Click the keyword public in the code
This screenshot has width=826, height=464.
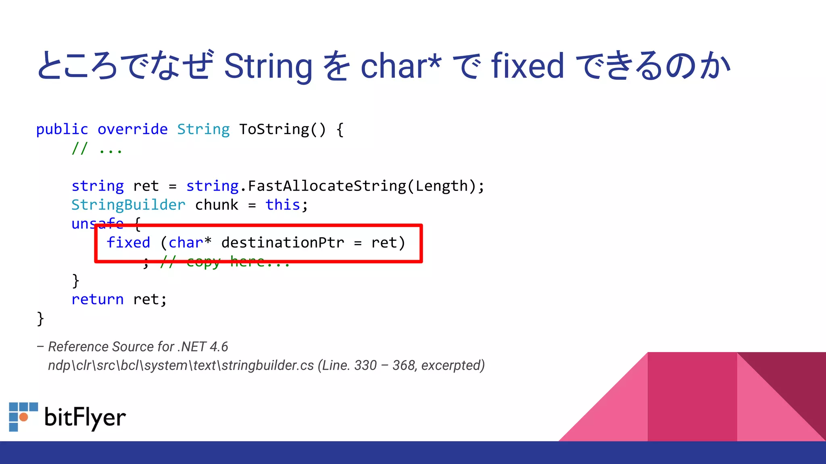(62, 130)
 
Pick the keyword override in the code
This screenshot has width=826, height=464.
(132, 130)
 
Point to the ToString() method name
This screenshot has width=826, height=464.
(282, 130)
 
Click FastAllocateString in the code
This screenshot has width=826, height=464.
(327, 186)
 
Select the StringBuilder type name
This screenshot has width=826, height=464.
(128, 205)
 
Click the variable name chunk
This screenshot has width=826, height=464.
(217, 205)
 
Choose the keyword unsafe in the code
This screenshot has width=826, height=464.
(97, 224)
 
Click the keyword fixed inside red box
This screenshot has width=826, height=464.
(128, 243)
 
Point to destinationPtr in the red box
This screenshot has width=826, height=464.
(282, 243)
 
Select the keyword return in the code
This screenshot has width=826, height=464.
(97, 300)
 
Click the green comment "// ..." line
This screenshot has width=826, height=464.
(97, 149)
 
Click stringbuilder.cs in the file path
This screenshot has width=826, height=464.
(267, 365)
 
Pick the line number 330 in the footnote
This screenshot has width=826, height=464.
(365, 365)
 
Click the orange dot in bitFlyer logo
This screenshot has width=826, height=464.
(24, 417)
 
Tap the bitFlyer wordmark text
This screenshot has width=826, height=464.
(85, 418)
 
